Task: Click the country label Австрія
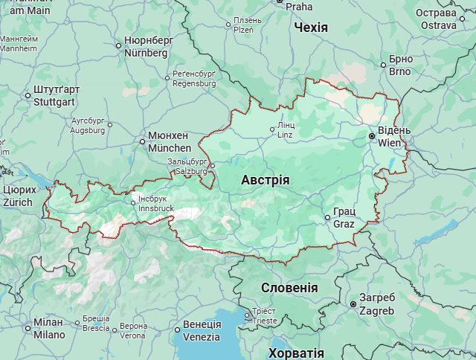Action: pyautogui.click(x=266, y=180)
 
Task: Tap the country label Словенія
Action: pyautogui.click(x=289, y=288)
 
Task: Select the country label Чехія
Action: pyautogui.click(x=311, y=28)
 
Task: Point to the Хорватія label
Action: pyautogui.click(x=296, y=353)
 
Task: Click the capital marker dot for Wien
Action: pyautogui.click(x=372, y=136)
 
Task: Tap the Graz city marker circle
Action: pyautogui.click(x=327, y=217)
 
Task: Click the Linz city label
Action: pyautogui.click(x=286, y=130)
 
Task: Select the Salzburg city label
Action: pyautogui.click(x=191, y=166)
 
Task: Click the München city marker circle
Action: pyautogui.click(x=142, y=141)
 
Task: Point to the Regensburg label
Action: pyautogui.click(x=193, y=79)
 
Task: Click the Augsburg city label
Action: pyautogui.click(x=88, y=125)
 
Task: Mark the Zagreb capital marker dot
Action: pyautogui.click(x=353, y=303)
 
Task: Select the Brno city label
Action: pyautogui.click(x=400, y=65)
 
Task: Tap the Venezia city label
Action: pyautogui.click(x=202, y=330)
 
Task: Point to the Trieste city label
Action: pyautogui.click(x=264, y=316)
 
